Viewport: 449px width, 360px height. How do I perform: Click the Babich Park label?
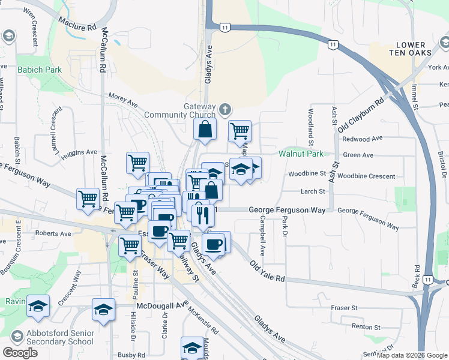(x=40, y=70)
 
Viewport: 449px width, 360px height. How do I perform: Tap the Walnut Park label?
(x=301, y=154)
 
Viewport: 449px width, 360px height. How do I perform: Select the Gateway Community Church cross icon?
(x=224, y=109)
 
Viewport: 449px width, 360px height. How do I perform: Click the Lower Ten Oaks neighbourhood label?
(x=411, y=49)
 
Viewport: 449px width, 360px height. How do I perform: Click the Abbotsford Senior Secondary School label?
(x=52, y=338)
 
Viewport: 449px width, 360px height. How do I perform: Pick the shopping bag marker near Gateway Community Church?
(x=205, y=129)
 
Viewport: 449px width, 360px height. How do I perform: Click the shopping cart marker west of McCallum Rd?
(x=88, y=198)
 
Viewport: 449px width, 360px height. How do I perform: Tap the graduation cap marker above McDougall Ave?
(x=103, y=310)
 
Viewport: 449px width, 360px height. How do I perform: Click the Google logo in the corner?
(x=20, y=353)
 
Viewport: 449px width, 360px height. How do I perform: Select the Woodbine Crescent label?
(x=366, y=176)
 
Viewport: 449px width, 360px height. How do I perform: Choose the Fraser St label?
(x=344, y=307)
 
